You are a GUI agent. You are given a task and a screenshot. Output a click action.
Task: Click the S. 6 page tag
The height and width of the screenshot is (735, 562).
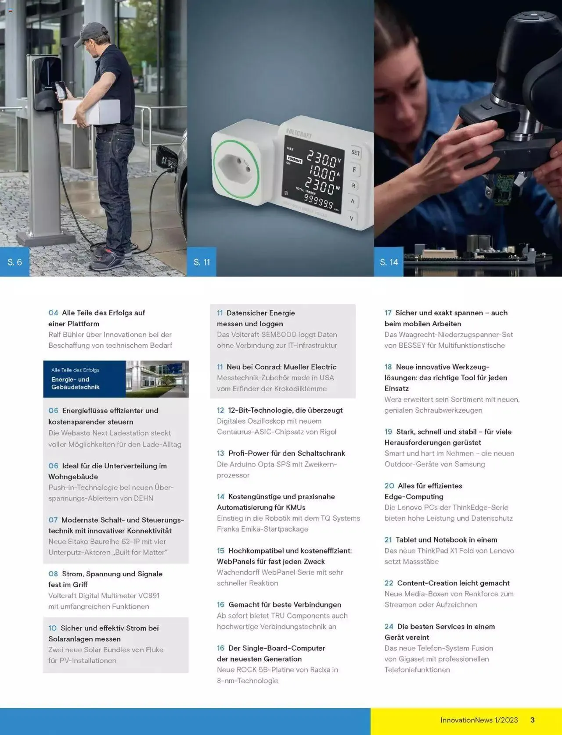pyautogui.click(x=14, y=262)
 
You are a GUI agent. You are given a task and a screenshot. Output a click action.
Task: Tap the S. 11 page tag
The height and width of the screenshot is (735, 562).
pyautogui.click(x=202, y=262)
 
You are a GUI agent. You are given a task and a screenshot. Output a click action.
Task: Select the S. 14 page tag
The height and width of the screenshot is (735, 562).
pyautogui.click(x=389, y=262)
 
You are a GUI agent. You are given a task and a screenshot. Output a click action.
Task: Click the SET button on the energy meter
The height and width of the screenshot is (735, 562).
pyautogui.click(x=355, y=153)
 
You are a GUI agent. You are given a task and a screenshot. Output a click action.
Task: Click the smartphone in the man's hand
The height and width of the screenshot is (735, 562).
pyautogui.click(x=61, y=90)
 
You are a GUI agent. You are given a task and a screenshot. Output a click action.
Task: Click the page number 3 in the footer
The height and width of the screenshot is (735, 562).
pyautogui.click(x=533, y=720)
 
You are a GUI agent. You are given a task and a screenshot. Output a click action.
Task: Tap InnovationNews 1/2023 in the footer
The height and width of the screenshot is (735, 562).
pyautogui.click(x=479, y=720)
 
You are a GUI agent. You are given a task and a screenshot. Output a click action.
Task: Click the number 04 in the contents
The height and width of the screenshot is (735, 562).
pyautogui.click(x=53, y=313)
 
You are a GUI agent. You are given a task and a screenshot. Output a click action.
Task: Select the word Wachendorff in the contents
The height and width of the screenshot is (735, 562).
pyautogui.click(x=238, y=572)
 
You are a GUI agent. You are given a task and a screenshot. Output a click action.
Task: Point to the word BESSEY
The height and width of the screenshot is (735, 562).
pyautogui.click(x=412, y=345)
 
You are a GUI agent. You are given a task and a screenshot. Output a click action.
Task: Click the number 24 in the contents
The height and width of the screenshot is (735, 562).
pyautogui.click(x=389, y=626)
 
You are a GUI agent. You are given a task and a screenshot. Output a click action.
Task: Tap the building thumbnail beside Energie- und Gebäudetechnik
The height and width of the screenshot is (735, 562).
pyautogui.click(x=157, y=379)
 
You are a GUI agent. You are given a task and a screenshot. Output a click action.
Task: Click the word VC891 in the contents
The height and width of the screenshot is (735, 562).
pyautogui.click(x=149, y=595)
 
